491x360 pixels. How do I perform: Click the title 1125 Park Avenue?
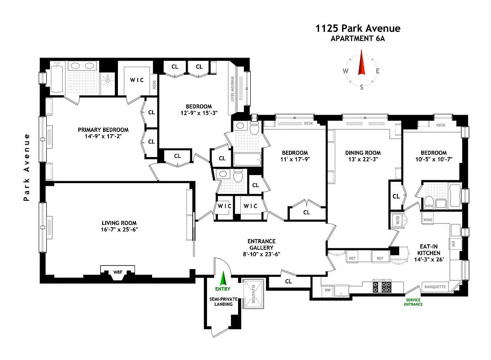click(x=358, y=29)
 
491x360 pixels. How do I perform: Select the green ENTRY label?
click(x=222, y=289)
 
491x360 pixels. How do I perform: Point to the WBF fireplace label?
click(x=117, y=272)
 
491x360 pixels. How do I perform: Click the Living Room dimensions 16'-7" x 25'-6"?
click(x=119, y=229)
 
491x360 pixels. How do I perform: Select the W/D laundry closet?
click(x=398, y=220)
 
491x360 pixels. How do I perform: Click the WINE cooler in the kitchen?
click(x=427, y=220)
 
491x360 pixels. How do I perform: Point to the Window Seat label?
click(x=233, y=88)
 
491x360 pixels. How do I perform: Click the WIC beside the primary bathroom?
click(x=137, y=80)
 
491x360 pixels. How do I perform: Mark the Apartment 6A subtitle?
click(x=358, y=39)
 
